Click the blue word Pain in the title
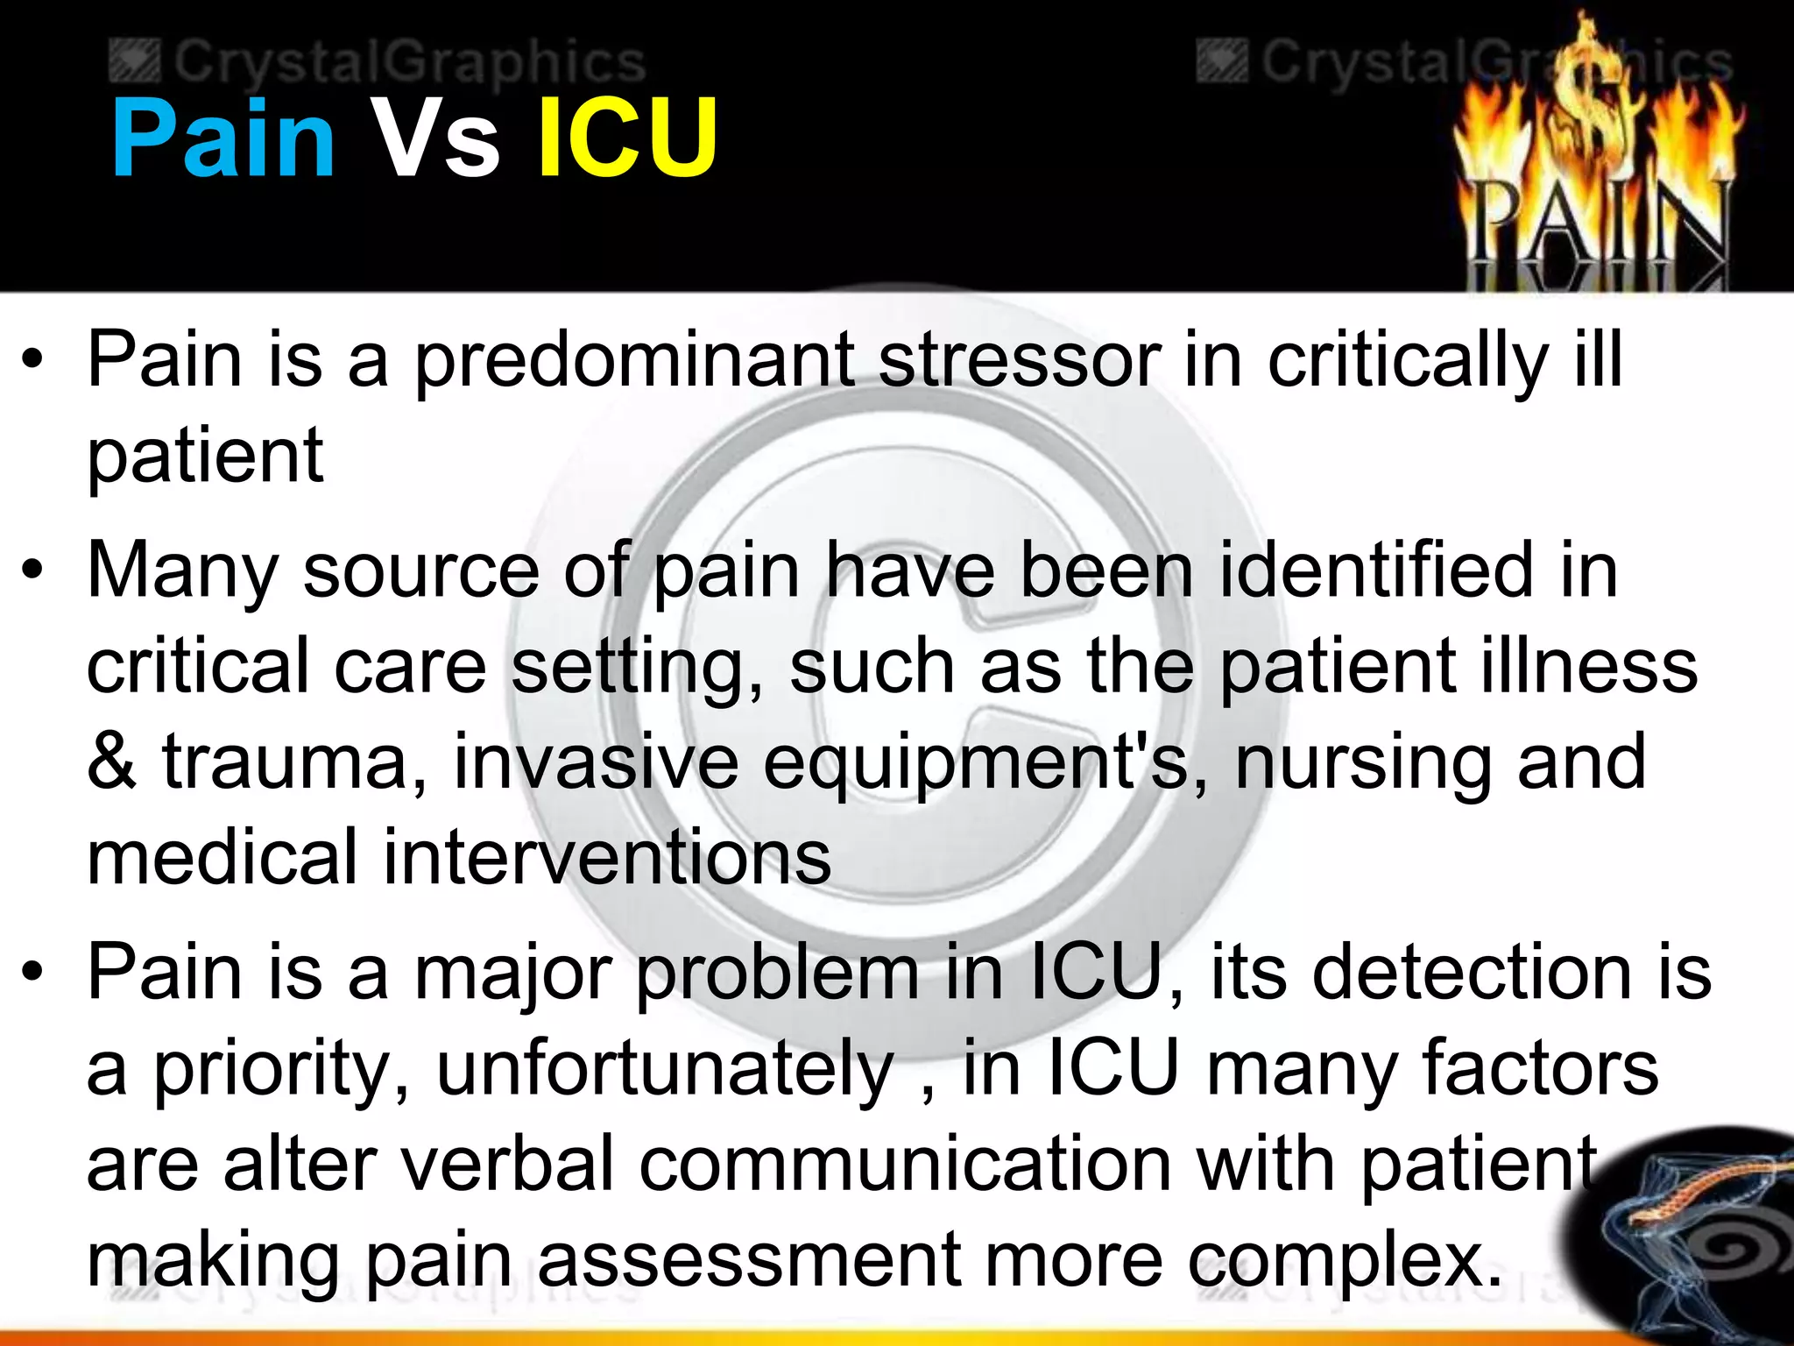point(223,138)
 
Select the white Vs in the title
point(435,138)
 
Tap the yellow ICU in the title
point(627,138)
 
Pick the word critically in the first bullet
point(1407,361)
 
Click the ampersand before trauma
point(112,762)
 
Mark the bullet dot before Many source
point(33,571)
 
